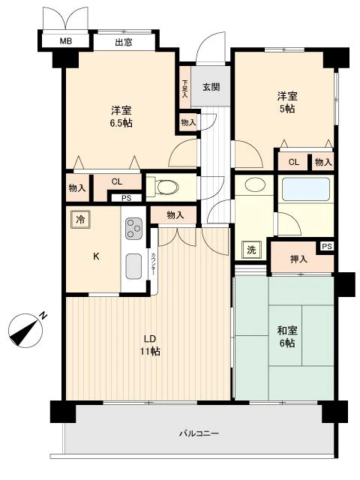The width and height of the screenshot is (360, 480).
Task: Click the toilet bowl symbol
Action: (x=166, y=187)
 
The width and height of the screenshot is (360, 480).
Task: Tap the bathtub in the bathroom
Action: (x=306, y=189)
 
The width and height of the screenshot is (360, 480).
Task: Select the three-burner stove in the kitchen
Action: (x=133, y=228)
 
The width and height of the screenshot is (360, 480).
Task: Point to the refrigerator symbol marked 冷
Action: (x=80, y=219)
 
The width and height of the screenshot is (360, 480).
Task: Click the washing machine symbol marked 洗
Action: (x=251, y=250)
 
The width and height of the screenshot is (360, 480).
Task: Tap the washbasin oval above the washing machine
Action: (x=255, y=184)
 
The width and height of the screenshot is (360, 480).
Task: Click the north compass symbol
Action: (x=26, y=329)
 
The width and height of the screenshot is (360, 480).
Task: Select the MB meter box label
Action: (x=66, y=40)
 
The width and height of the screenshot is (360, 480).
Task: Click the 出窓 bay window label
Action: (x=124, y=42)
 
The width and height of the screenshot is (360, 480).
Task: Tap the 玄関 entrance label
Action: (x=211, y=87)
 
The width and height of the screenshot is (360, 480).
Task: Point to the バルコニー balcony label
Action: (x=199, y=433)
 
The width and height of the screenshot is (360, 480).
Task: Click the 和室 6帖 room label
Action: (x=287, y=337)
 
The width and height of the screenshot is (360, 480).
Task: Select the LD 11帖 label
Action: (x=150, y=345)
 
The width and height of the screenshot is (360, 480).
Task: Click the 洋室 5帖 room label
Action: (x=287, y=102)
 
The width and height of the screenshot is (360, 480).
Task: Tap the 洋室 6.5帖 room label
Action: (x=121, y=117)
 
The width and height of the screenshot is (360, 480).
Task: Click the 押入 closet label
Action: (x=298, y=259)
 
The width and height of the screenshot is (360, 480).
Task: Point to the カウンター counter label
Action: (x=153, y=263)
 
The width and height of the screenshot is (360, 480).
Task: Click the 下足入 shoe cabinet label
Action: (x=185, y=88)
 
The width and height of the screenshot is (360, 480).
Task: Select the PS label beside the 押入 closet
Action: (x=327, y=246)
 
